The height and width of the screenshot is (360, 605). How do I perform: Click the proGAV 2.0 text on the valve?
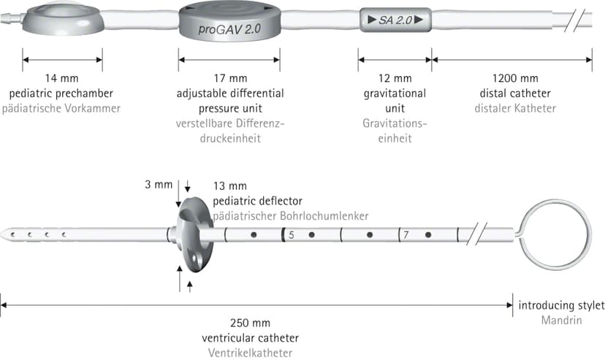[229, 29]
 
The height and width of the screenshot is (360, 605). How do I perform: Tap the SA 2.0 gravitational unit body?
[395, 20]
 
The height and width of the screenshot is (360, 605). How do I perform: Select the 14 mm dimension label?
[61, 78]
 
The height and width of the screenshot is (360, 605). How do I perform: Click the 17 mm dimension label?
[230, 78]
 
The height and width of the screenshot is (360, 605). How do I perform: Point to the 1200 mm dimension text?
[515, 78]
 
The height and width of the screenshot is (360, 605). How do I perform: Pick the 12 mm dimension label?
[395, 78]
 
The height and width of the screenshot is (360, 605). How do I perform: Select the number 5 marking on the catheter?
[292, 234]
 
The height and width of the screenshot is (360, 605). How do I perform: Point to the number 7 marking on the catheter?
[406, 234]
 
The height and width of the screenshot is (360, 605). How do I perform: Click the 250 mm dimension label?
[250, 323]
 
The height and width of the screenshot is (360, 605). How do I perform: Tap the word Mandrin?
[561, 321]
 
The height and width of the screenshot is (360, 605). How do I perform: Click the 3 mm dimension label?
[159, 185]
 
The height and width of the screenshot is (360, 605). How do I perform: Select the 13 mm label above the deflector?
[230, 186]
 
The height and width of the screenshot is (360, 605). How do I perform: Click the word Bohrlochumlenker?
[324, 216]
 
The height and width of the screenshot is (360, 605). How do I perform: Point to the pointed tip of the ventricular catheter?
[2, 234]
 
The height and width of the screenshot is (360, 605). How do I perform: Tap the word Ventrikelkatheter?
[250, 353]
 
